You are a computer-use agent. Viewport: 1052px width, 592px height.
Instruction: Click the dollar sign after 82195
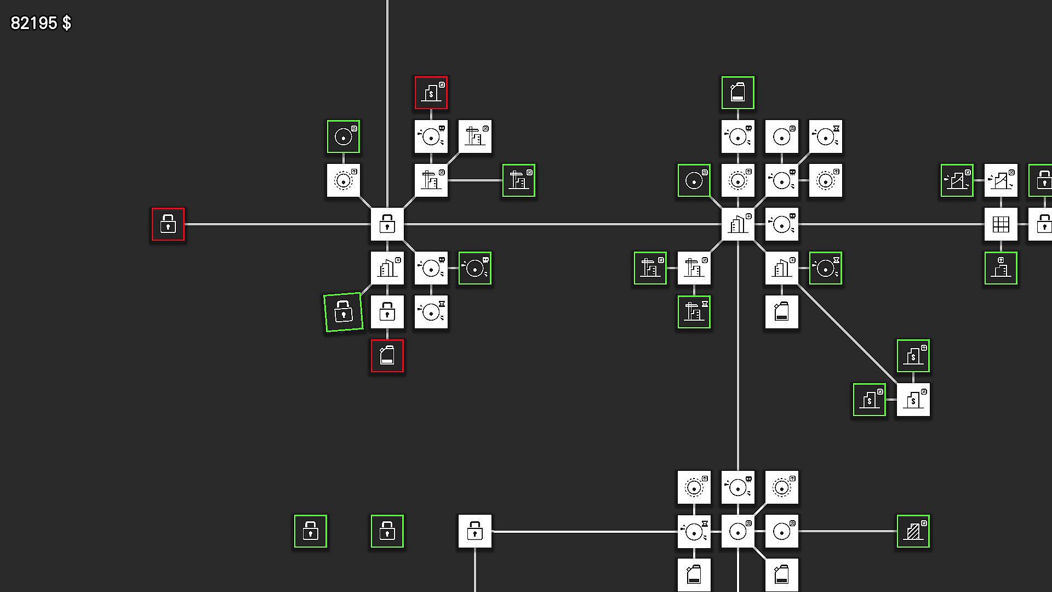pyautogui.click(x=67, y=23)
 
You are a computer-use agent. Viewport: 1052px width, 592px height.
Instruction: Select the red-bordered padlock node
pyautogui.click(x=168, y=224)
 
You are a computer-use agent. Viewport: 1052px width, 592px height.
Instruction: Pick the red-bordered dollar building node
pyautogui.click(x=431, y=93)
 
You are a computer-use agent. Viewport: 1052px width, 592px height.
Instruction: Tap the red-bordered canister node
pyautogui.click(x=387, y=356)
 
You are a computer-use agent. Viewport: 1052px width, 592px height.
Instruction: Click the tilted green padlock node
pyautogui.click(x=344, y=312)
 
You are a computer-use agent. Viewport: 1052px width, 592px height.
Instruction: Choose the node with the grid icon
pyautogui.click(x=1001, y=224)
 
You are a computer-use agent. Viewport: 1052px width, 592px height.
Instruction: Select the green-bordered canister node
pyautogui.click(x=738, y=93)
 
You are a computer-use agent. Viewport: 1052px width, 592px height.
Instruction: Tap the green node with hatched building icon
pyautogui.click(x=913, y=531)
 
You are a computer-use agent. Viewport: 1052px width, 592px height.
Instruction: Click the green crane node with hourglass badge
pyautogui.click(x=694, y=312)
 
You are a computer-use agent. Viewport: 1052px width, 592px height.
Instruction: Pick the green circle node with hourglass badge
pyautogui.click(x=826, y=268)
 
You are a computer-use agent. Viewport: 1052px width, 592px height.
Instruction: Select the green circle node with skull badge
pyautogui.click(x=475, y=268)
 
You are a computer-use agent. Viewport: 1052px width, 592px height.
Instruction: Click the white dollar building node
pyautogui.click(x=913, y=400)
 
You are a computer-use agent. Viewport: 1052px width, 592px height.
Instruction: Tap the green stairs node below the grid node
pyautogui.click(x=1001, y=268)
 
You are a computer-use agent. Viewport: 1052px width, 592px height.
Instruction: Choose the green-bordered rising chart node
pyautogui.click(x=957, y=180)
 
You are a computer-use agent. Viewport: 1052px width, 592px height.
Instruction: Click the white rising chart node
pyautogui.click(x=1001, y=180)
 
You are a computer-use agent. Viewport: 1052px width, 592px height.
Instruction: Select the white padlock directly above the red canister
pyautogui.click(x=387, y=312)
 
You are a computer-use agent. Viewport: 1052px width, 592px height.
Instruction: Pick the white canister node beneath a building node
pyautogui.click(x=782, y=312)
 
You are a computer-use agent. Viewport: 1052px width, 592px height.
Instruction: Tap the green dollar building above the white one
pyautogui.click(x=913, y=356)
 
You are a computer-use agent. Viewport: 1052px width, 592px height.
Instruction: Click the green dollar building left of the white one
pyautogui.click(x=870, y=400)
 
